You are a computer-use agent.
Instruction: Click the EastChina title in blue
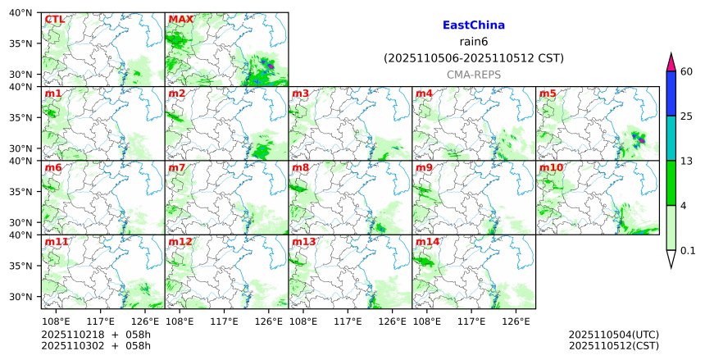473,25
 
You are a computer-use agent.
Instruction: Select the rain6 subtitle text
473,42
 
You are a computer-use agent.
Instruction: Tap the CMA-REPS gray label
473,75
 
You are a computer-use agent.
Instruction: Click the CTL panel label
54,19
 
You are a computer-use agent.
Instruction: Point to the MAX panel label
180,19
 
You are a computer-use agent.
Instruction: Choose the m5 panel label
548,93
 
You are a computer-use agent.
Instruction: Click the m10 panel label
551,168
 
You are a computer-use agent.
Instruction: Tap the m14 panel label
427,243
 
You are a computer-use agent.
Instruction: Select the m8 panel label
300,168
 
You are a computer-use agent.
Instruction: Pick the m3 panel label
300,93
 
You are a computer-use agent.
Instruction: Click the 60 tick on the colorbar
687,71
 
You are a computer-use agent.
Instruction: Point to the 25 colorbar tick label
687,116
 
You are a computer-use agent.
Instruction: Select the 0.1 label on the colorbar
688,250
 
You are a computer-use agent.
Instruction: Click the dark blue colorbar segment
671,93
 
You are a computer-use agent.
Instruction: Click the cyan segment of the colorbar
671,138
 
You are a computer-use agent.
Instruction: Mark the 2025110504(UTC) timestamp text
613,335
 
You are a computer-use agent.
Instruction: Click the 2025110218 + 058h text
84,335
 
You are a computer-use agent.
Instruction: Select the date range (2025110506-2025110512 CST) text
473,58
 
